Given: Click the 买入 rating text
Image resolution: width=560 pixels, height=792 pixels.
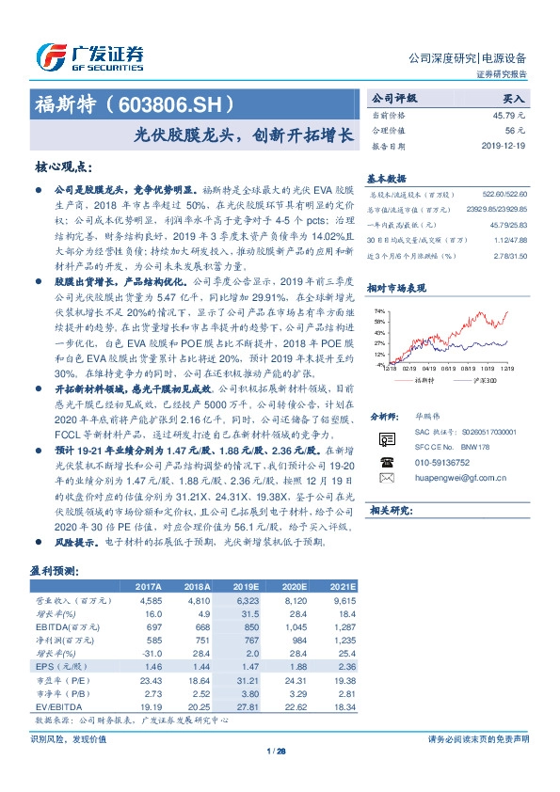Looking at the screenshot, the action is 514,98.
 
